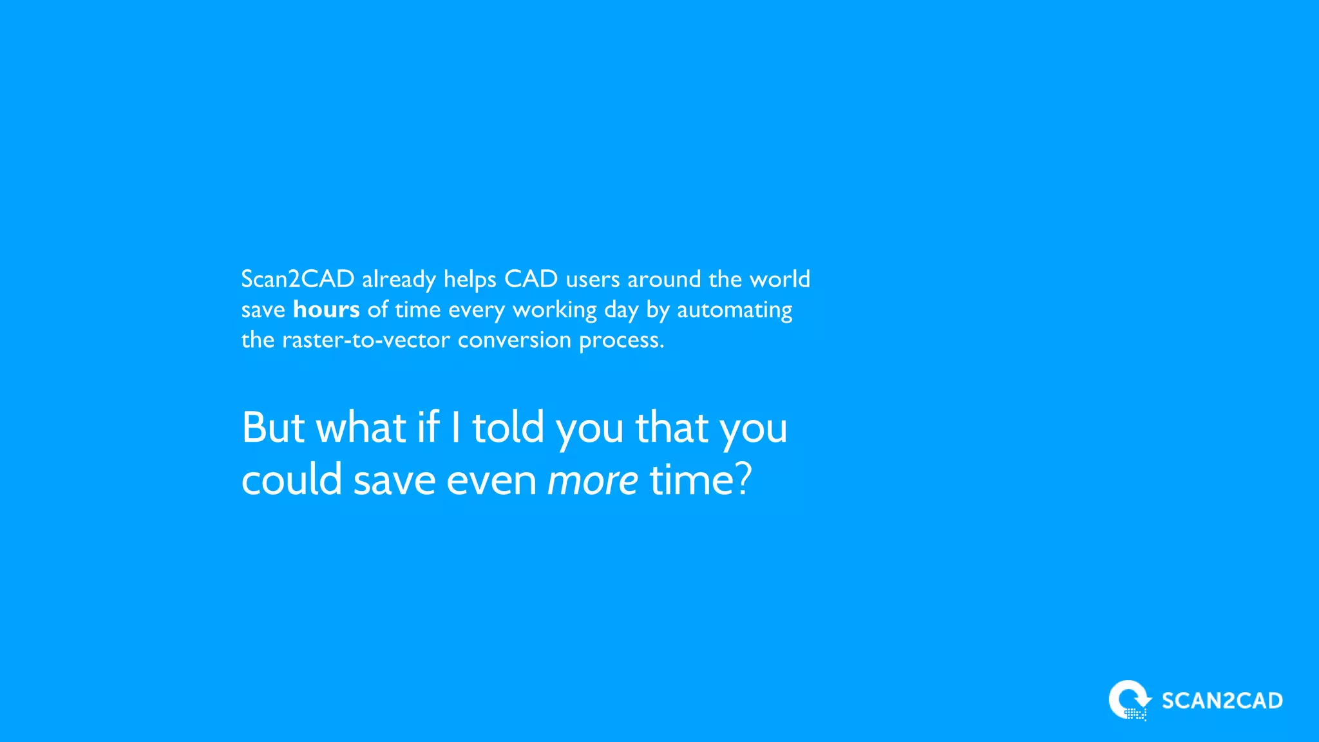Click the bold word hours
[326, 310]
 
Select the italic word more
[593, 480]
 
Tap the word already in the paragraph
[399, 280]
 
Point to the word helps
[470, 280]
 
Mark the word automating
[734, 310]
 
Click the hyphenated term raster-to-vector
[366, 340]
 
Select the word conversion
[514, 340]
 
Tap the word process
[621, 340]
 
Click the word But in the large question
[273, 428]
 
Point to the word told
[508, 428]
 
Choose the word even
[491, 480]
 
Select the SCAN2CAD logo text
[1222, 701]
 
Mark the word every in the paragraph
[477, 310]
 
